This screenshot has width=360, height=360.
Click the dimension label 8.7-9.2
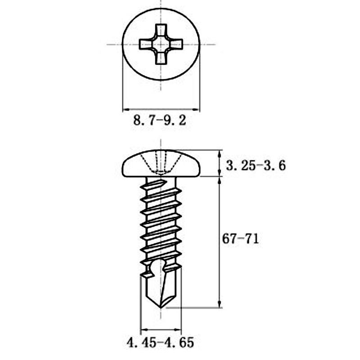tap(160, 121)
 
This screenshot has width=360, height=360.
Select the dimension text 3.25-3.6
tap(256, 166)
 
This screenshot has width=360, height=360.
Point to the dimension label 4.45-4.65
tap(160, 343)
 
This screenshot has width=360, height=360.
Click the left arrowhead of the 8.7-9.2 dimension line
tap(126, 109)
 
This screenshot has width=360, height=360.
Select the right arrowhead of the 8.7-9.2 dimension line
tap(197, 109)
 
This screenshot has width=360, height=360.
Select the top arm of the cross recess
tap(161, 31)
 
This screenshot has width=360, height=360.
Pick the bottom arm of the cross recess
tap(161, 58)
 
